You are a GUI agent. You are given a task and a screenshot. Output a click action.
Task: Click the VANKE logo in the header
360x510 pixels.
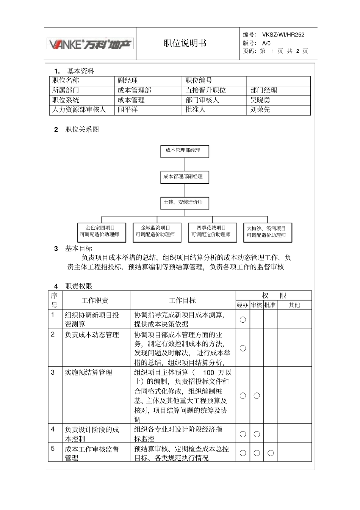(90, 44)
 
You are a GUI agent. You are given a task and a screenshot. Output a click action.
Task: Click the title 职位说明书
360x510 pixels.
(185, 43)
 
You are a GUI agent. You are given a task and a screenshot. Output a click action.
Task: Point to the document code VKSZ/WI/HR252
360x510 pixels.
(283, 35)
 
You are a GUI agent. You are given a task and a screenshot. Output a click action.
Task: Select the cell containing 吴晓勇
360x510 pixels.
(260, 100)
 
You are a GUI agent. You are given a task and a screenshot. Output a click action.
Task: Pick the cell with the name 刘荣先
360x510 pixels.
(260, 110)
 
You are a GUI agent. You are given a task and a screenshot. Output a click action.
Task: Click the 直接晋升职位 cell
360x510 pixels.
(206, 90)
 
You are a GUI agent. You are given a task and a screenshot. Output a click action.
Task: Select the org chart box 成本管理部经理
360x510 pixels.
(185, 151)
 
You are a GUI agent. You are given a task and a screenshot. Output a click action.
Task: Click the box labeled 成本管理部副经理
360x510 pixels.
(185, 177)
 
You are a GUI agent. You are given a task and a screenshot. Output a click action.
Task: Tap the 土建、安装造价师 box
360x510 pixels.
(185, 202)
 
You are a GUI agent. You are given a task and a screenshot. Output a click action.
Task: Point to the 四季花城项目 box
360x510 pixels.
(212, 231)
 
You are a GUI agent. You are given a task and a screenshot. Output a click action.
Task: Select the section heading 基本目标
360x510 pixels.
(79, 248)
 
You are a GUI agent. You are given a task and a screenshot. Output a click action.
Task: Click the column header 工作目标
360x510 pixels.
(182, 301)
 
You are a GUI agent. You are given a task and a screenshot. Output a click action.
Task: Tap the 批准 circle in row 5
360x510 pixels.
(271, 453)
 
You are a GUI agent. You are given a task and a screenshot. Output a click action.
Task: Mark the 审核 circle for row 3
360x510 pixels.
(257, 395)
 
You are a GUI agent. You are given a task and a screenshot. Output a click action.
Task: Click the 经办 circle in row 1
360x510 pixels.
(243, 320)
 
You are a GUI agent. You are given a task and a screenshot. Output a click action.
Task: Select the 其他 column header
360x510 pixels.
(294, 305)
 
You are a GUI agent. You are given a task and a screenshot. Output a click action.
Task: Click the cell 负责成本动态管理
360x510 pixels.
(92, 335)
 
